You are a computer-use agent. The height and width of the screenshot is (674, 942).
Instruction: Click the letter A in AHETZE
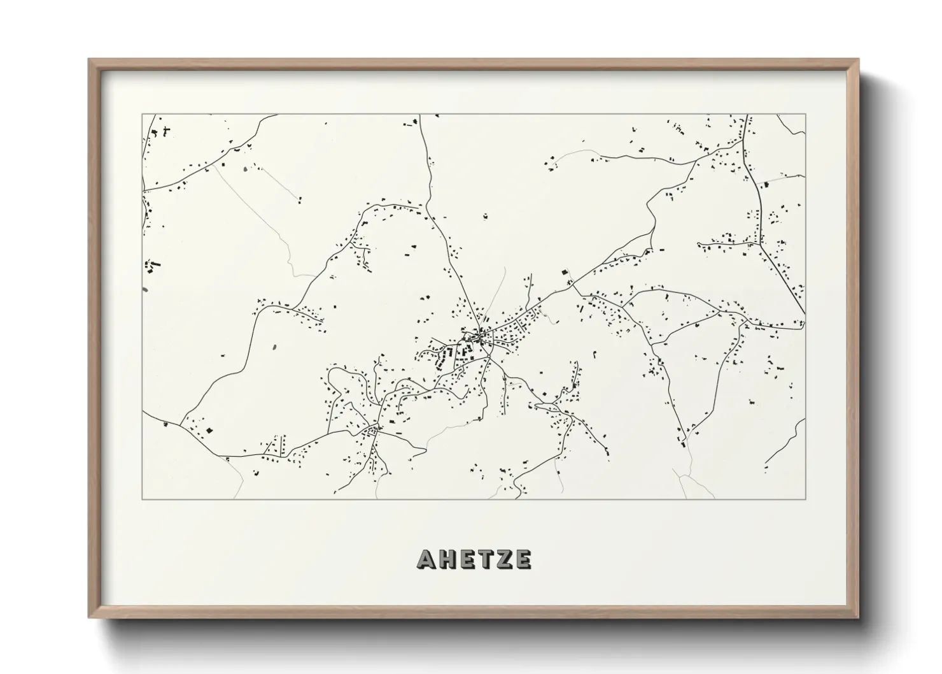426,559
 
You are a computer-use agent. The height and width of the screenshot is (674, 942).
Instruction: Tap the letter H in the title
447,559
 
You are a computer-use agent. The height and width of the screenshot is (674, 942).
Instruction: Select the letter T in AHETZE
485,559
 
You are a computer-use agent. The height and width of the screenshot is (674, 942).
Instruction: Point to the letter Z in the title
504,559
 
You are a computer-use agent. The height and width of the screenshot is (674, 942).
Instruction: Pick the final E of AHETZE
523,559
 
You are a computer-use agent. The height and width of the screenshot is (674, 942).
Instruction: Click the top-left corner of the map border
142,115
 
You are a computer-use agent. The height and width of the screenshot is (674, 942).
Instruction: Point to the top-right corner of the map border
806,115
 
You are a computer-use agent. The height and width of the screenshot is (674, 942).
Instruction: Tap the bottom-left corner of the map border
142,499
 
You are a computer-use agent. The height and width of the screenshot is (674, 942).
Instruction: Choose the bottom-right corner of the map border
806,499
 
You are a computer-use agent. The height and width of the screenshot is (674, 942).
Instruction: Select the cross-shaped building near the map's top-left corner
166,132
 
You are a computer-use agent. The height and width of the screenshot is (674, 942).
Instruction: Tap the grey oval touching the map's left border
145,290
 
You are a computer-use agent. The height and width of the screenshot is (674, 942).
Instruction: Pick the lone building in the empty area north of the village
485,217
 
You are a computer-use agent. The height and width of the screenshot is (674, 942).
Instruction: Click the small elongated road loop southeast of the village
546,405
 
